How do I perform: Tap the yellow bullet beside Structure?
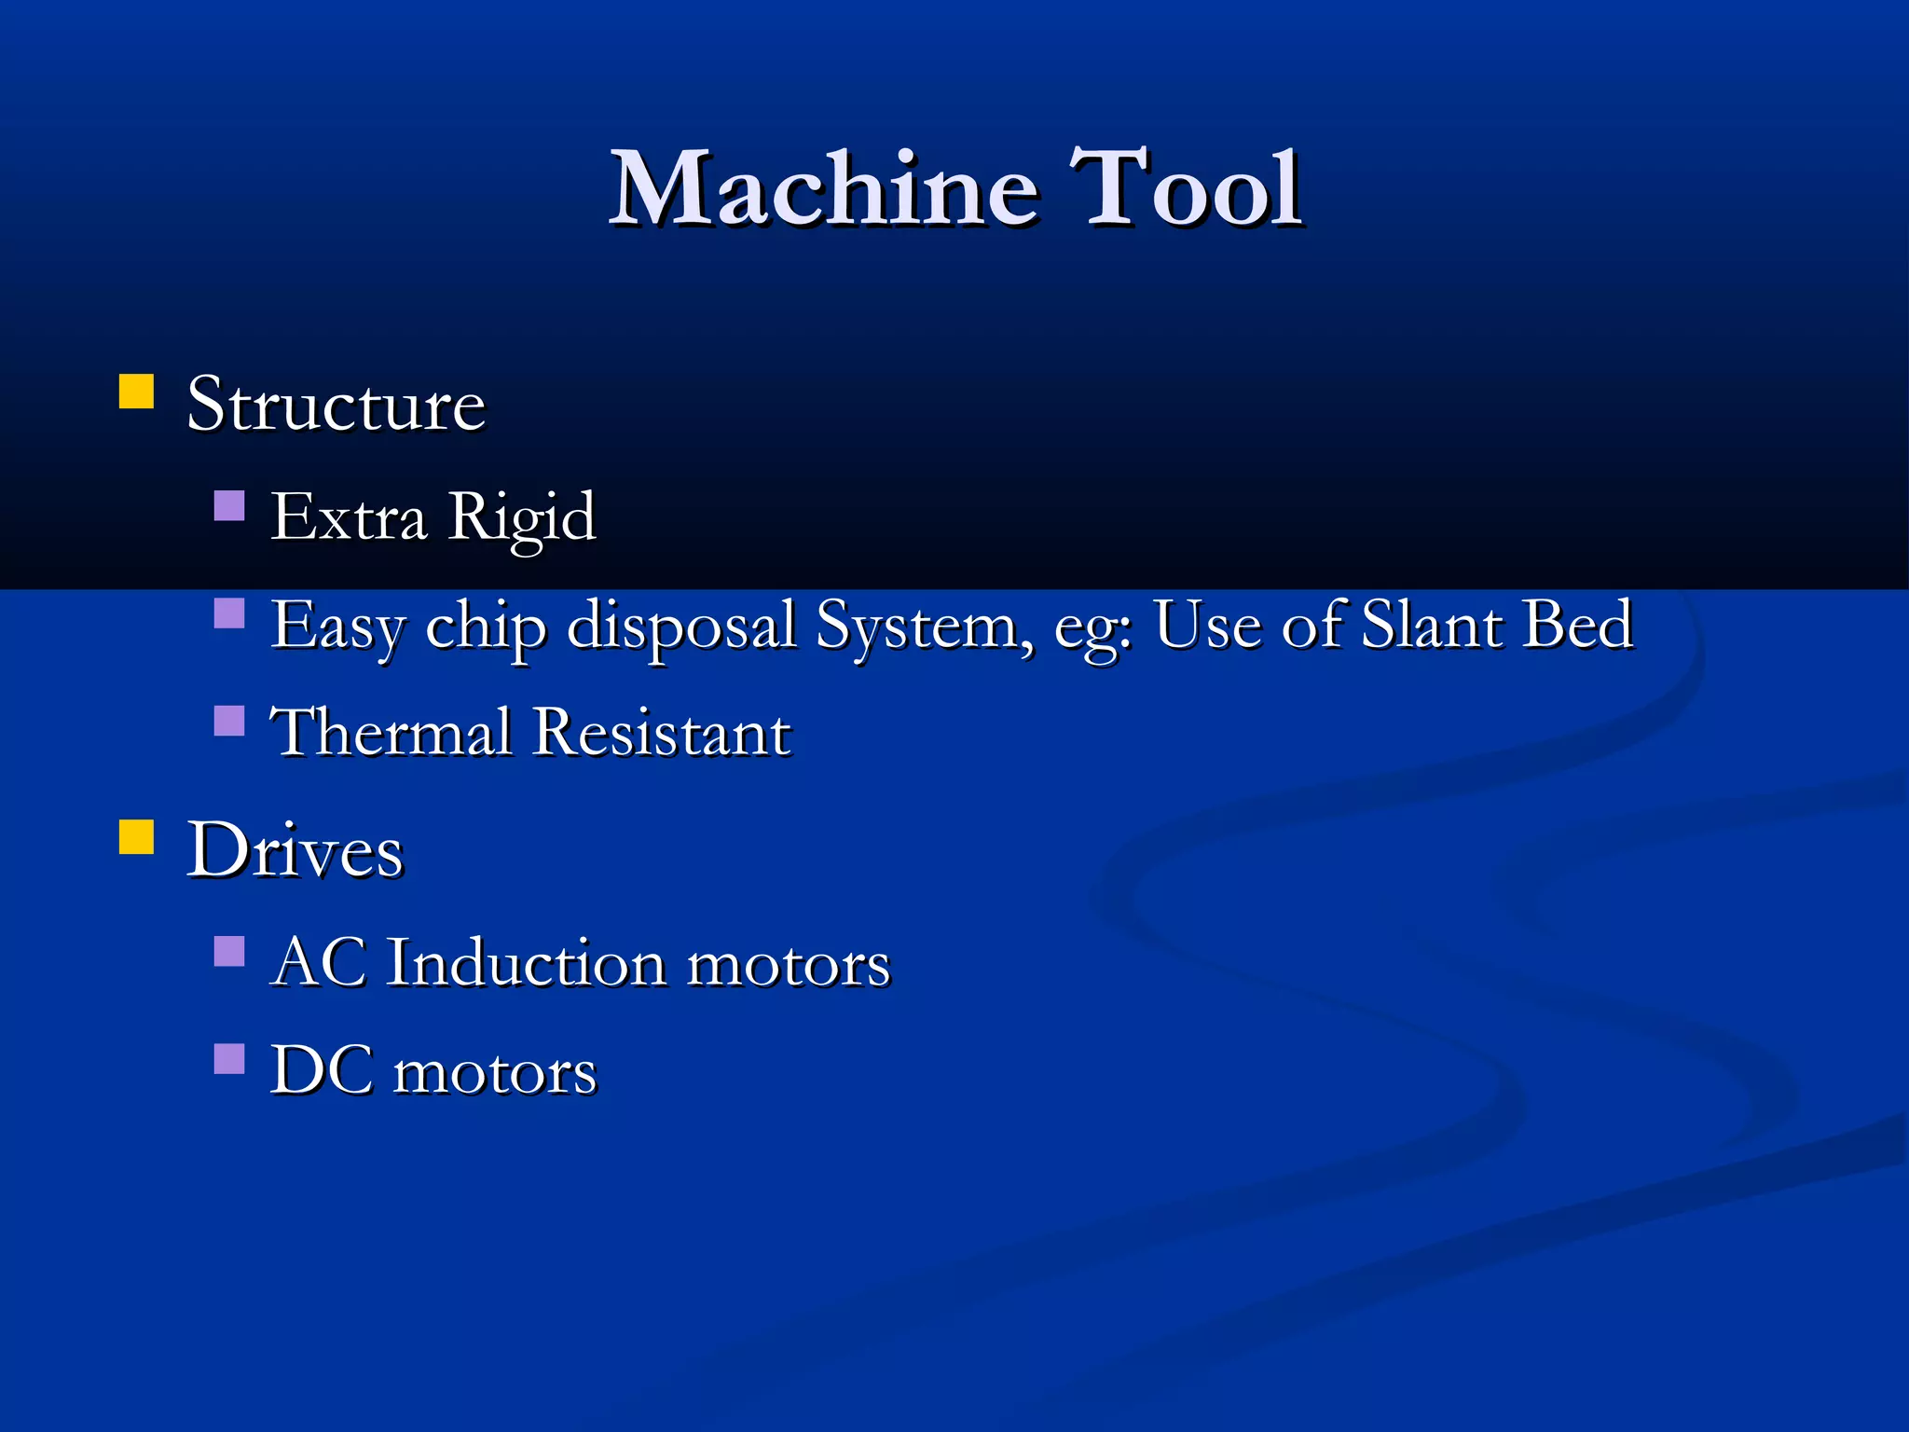click(x=136, y=392)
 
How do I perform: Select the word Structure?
click(x=336, y=406)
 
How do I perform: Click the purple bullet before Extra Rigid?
click(x=229, y=505)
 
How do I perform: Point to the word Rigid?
click(x=521, y=517)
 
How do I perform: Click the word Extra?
click(x=349, y=517)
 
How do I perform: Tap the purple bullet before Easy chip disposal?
click(x=229, y=613)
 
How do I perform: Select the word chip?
click(x=486, y=626)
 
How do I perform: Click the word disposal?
click(x=681, y=626)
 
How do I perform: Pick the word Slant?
click(x=1431, y=625)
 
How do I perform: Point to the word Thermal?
click(x=391, y=732)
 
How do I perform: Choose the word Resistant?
click(x=662, y=732)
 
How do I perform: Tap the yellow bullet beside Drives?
click(x=136, y=837)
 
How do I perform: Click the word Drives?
click(x=295, y=850)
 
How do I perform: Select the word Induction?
click(x=527, y=962)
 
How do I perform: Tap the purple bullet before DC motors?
click(x=229, y=1059)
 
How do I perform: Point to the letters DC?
click(x=322, y=1070)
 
